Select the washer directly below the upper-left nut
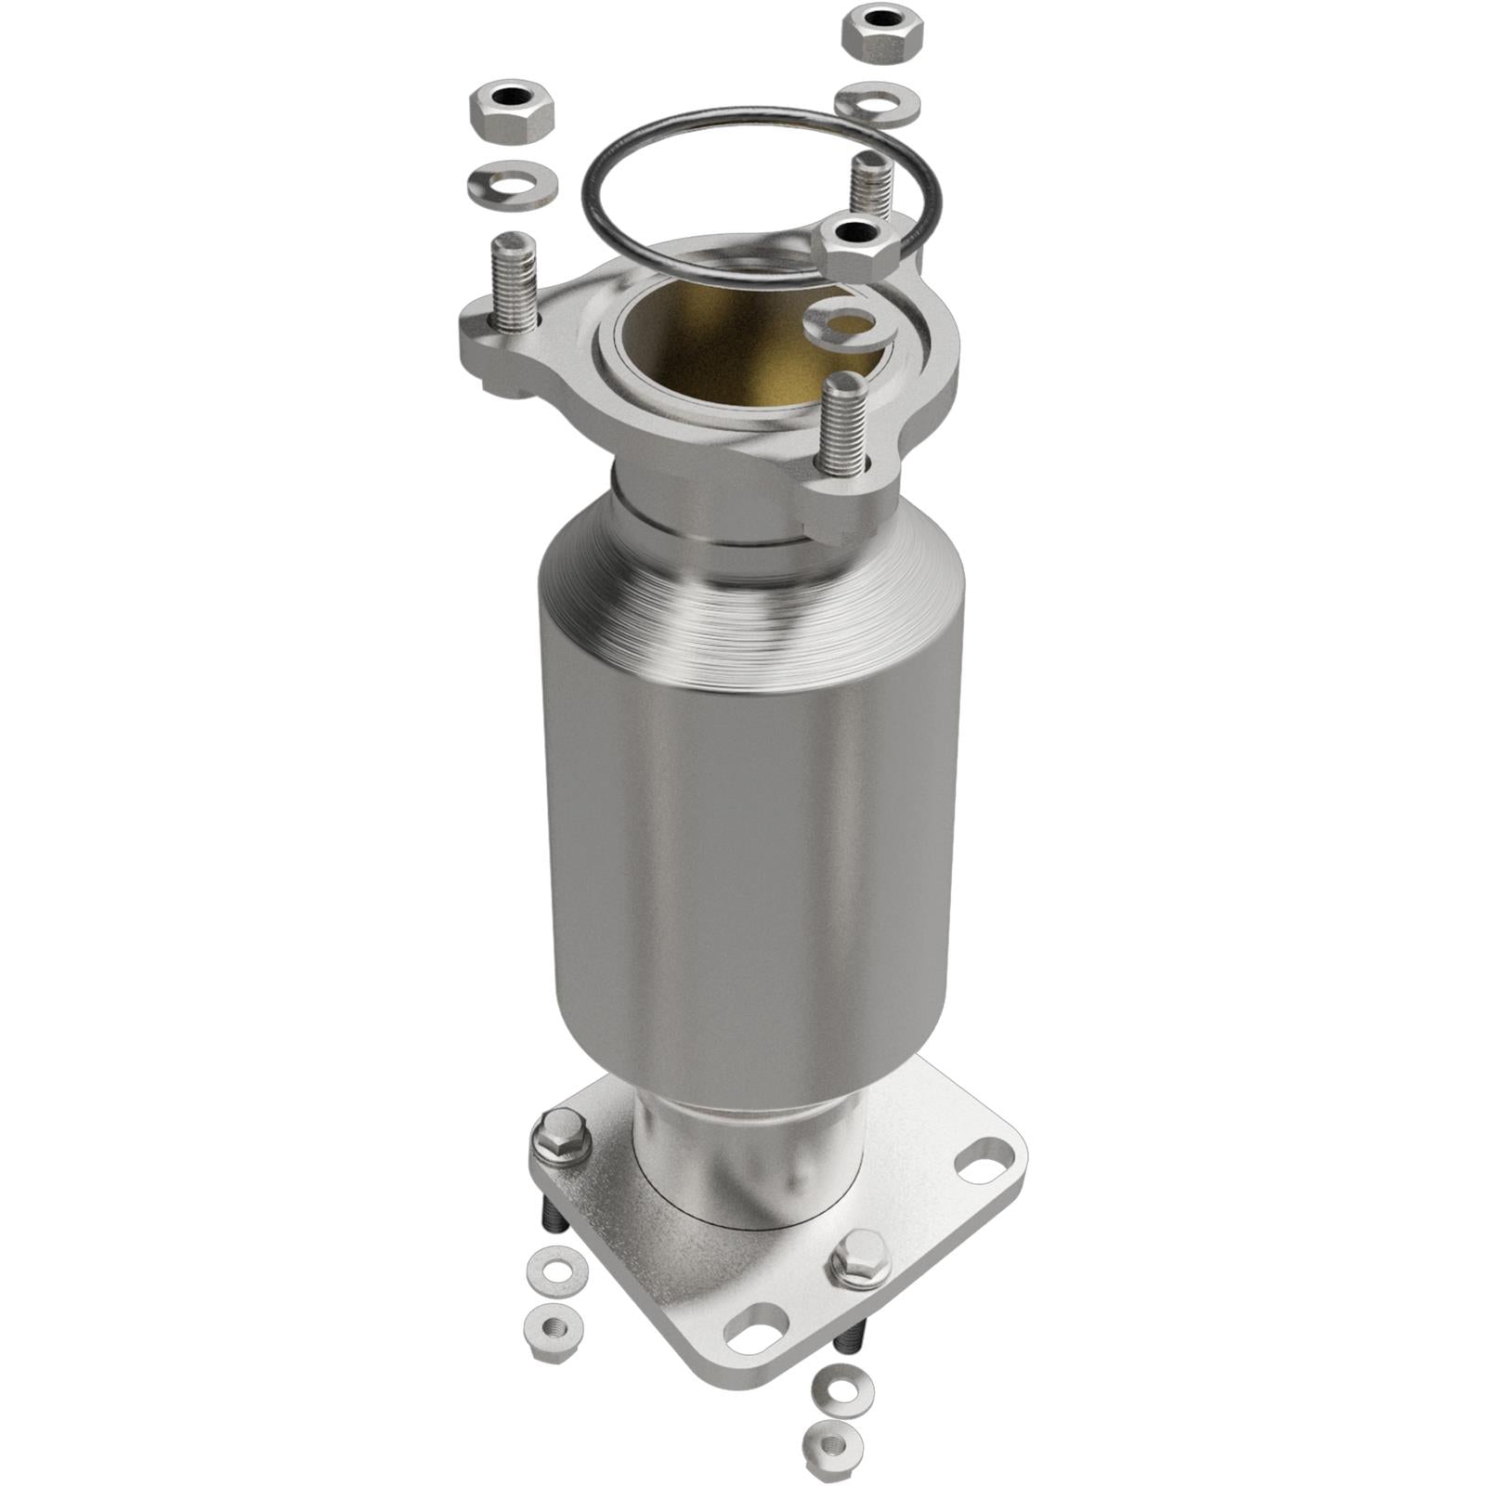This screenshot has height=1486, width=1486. point(512,185)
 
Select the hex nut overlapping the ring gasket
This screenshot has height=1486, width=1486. point(855,246)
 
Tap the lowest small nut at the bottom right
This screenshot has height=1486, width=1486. point(832,1449)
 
